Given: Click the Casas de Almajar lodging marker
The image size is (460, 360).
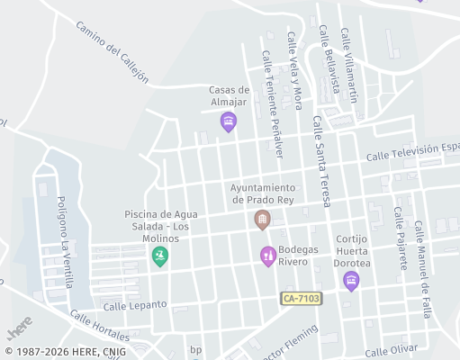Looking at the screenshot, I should (x=229, y=121).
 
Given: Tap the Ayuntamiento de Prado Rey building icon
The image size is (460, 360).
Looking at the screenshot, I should (x=262, y=220).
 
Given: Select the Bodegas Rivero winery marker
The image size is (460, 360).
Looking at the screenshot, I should (x=267, y=256).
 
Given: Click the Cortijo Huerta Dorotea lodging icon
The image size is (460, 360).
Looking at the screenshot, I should (x=351, y=281).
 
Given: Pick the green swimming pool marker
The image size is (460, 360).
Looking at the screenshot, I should (x=160, y=256).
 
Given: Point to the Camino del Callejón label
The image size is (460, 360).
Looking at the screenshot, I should (x=113, y=53).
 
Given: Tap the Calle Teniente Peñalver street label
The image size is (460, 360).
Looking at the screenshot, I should (x=272, y=103).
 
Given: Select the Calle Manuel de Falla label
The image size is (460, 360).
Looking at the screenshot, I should (x=422, y=268).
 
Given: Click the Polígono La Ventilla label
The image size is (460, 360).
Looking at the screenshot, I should (x=63, y=239).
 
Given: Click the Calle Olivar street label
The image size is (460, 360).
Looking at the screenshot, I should (x=392, y=349).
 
